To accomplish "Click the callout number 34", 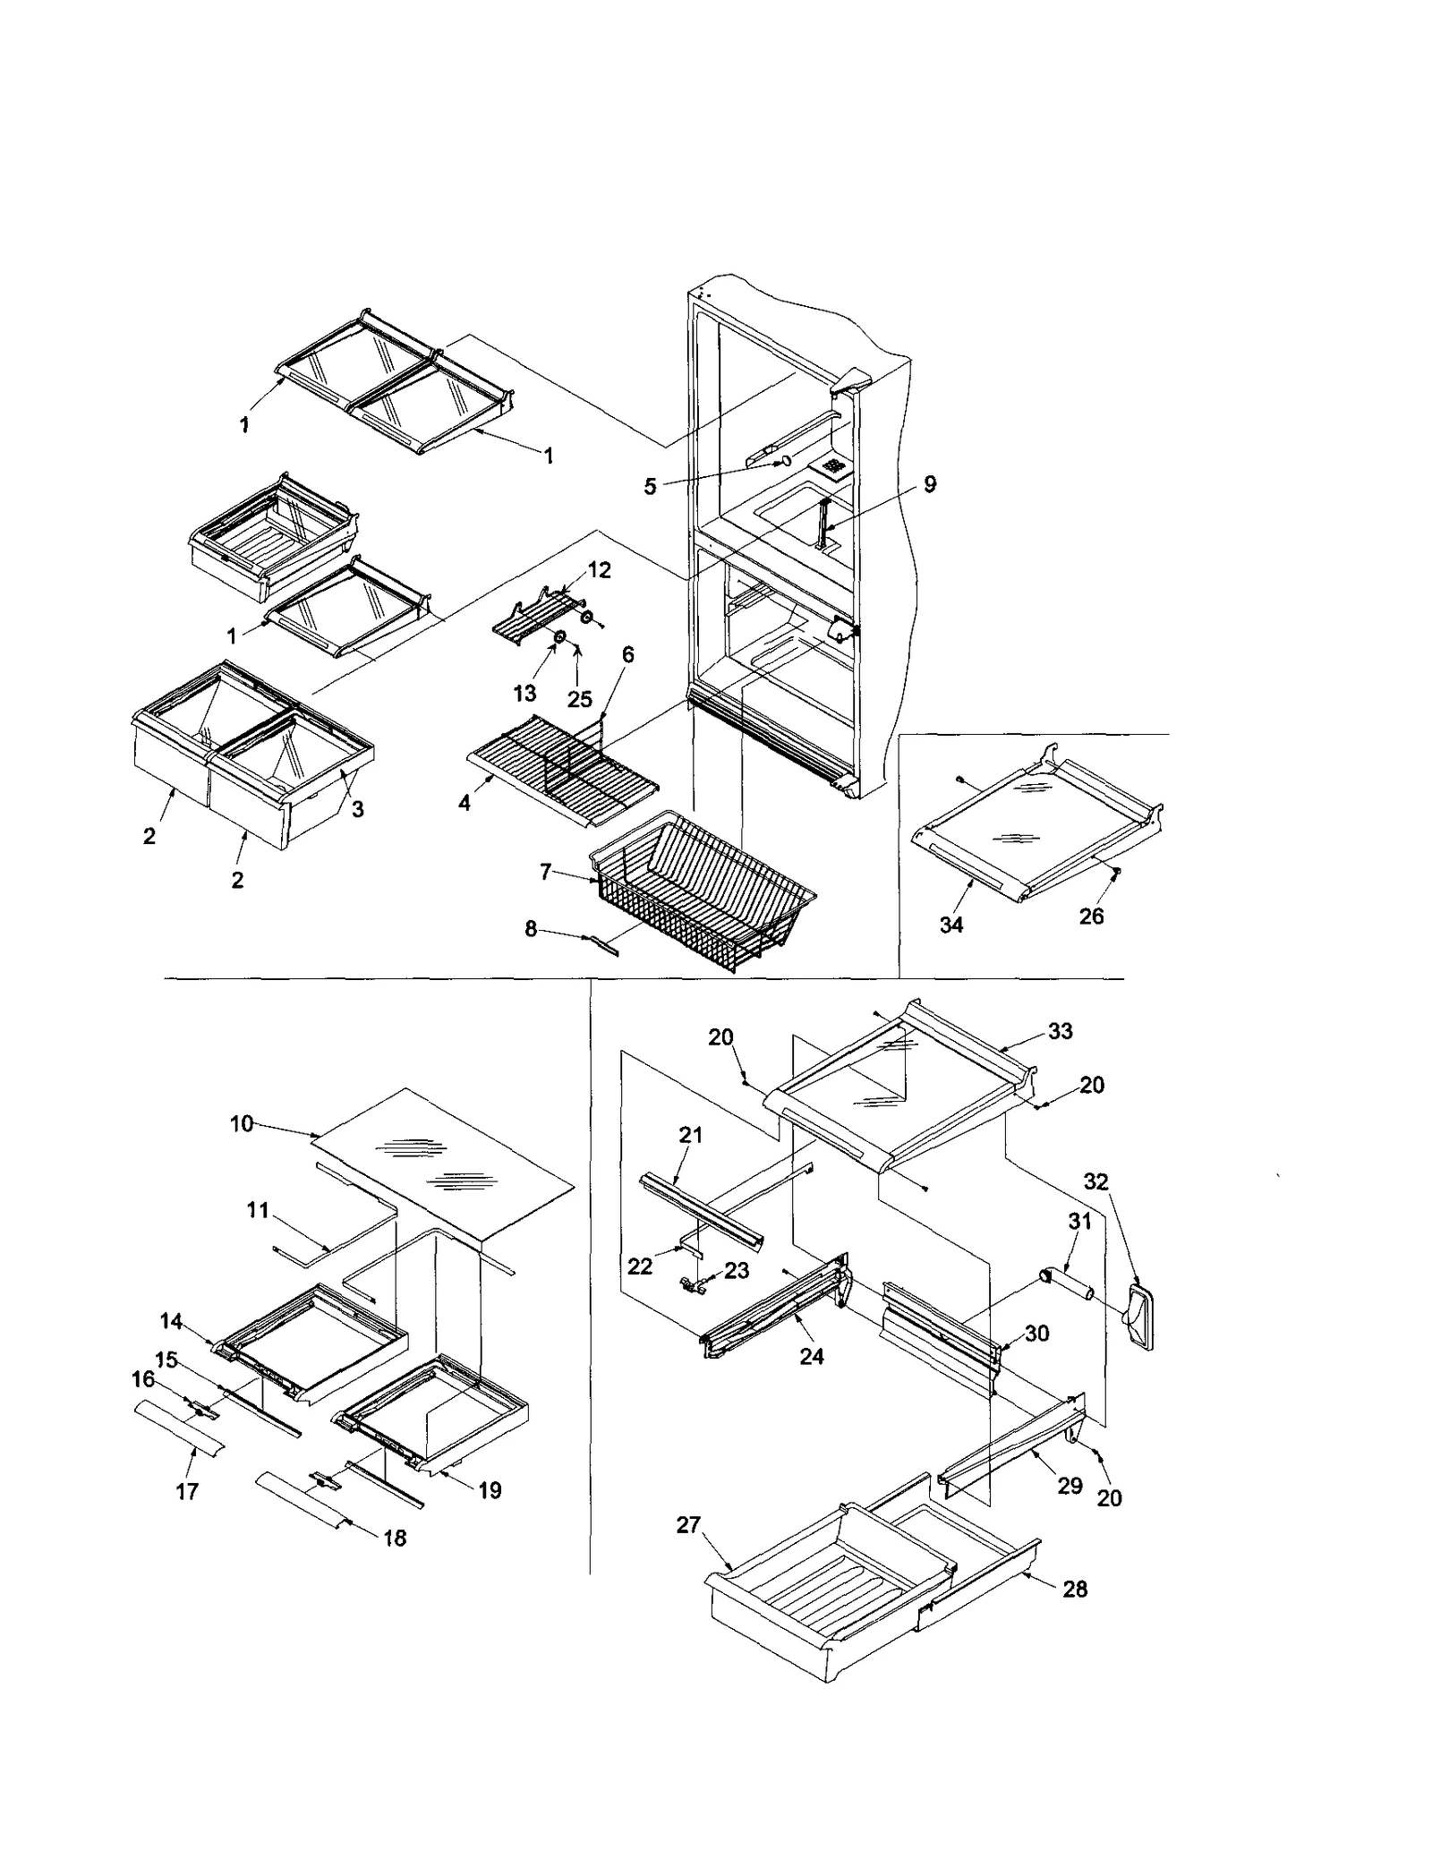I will pyautogui.click(x=950, y=925).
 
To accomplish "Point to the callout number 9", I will pyautogui.click(x=930, y=484).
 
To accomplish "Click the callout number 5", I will pyautogui.click(x=650, y=486).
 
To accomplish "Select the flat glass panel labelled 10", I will pyautogui.click(x=447, y=1164).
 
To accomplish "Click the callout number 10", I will pyautogui.click(x=242, y=1123).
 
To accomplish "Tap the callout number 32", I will pyautogui.click(x=1095, y=1181).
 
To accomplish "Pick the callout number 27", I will pyautogui.click(x=688, y=1525).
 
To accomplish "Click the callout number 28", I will pyautogui.click(x=1075, y=1589).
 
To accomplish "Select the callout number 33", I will pyautogui.click(x=1060, y=1031).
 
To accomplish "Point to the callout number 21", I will pyautogui.click(x=691, y=1135).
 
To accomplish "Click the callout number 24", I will pyautogui.click(x=812, y=1357).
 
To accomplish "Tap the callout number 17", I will pyautogui.click(x=187, y=1491).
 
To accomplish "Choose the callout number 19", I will pyautogui.click(x=490, y=1490).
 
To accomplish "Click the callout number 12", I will pyautogui.click(x=599, y=570).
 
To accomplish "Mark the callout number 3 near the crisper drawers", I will pyautogui.click(x=357, y=809).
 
